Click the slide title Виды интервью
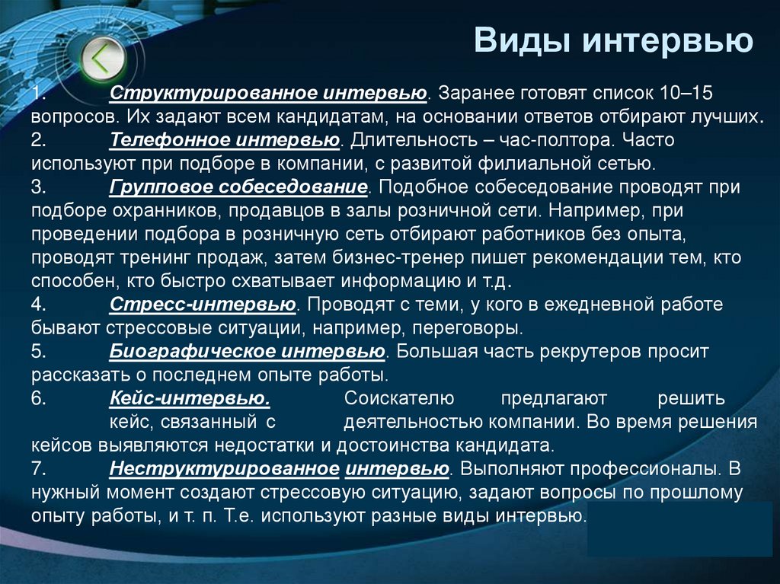click(613, 40)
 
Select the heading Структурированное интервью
click(267, 93)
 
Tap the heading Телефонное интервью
click(224, 140)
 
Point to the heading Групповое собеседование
click(239, 187)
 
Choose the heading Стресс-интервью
click(203, 305)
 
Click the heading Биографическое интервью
click(247, 352)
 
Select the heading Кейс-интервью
click(190, 398)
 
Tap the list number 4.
click(40, 305)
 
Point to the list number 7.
click(40, 468)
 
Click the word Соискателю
click(399, 398)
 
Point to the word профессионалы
click(647, 468)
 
